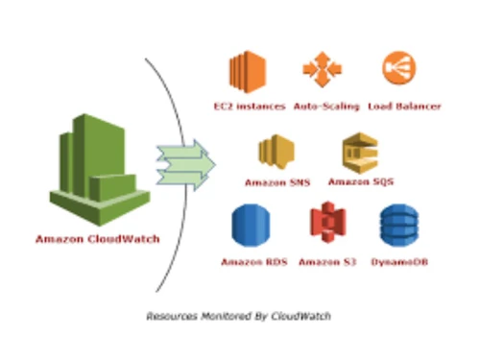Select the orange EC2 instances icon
246,72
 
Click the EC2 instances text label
249,106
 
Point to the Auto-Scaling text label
325,106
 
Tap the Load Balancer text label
404,106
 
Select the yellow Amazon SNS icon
275,151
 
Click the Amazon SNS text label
276,181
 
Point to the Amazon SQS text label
360,181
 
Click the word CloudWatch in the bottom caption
310,315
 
